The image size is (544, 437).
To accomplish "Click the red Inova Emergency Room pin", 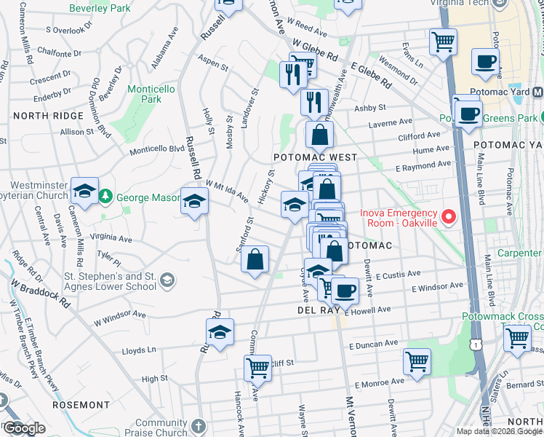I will point(449,217).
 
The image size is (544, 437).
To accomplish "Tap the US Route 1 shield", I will point(475,342).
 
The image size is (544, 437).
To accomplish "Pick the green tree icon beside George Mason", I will point(105,197).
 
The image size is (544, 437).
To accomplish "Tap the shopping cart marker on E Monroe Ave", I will point(417,361).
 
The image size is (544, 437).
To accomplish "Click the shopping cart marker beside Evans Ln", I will point(443,41).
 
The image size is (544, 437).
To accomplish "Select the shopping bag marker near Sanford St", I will point(255,260).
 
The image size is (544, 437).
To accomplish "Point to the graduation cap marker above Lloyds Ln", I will point(220,332).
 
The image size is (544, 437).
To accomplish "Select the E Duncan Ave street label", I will point(374,342).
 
